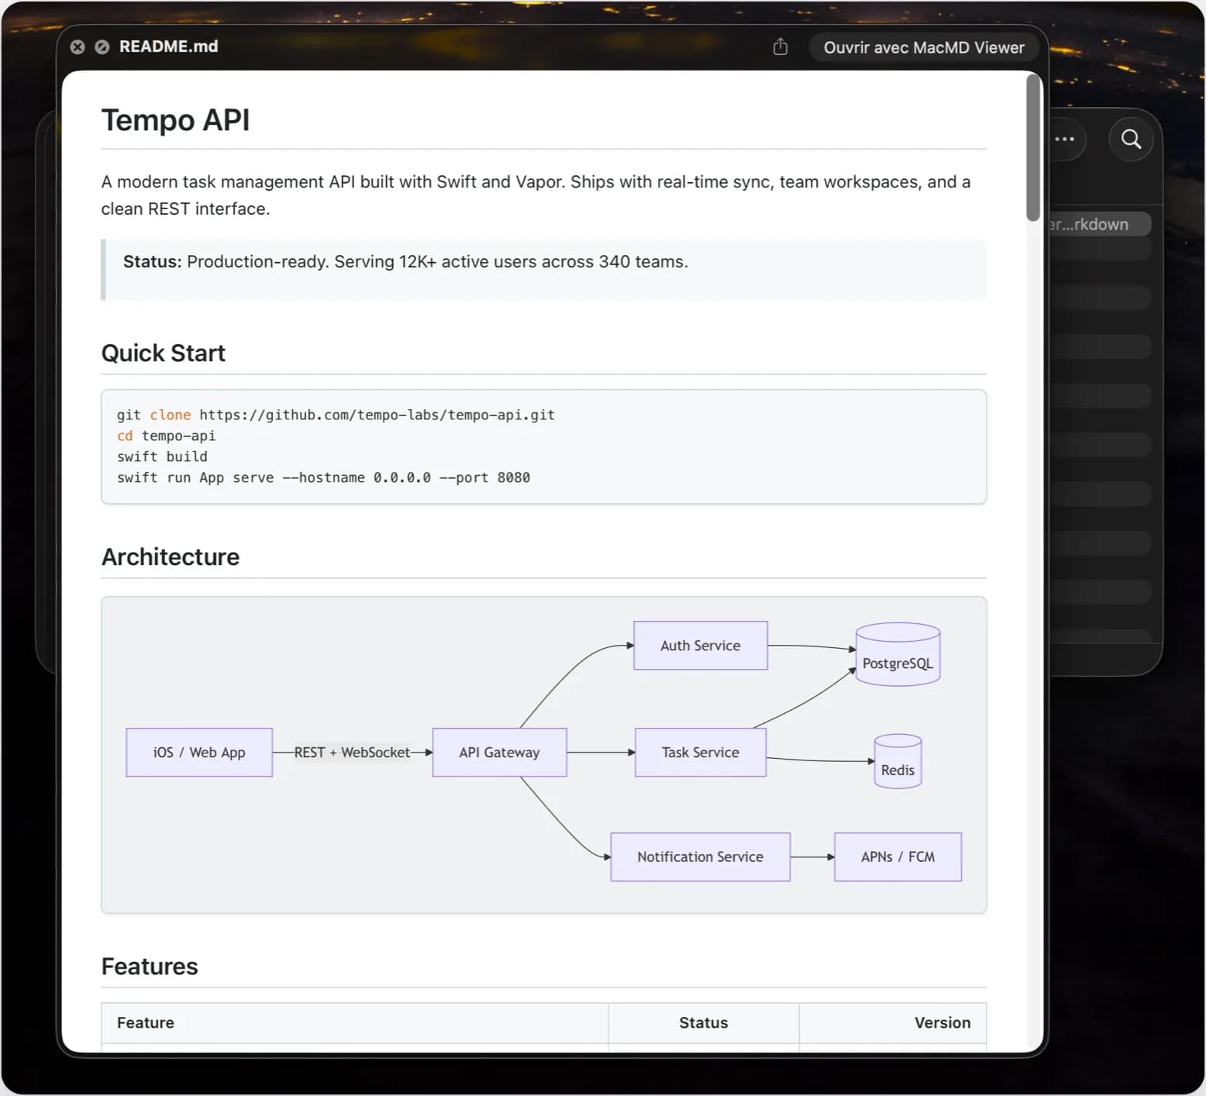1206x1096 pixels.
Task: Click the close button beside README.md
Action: coord(78,47)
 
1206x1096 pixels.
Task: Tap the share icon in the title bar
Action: coord(780,47)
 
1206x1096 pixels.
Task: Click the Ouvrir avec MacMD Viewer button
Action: coord(924,47)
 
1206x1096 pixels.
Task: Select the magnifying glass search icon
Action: coord(1132,140)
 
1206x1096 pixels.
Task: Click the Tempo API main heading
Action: coord(175,120)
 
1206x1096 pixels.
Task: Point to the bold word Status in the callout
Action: coord(152,262)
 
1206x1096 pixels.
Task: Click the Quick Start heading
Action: coord(164,353)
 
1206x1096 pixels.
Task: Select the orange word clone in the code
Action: coord(171,415)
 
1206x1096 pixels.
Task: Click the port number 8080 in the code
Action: coord(514,477)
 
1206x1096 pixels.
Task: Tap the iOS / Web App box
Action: coord(199,752)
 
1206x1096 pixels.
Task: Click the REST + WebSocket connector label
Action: coord(352,752)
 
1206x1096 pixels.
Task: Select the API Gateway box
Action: coord(499,752)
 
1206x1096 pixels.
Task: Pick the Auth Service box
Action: coord(701,645)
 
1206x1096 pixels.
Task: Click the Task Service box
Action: coord(701,752)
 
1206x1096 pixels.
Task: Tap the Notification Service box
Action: coord(701,856)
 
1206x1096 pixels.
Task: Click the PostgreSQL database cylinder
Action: coord(898,655)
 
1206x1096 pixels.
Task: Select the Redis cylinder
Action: coord(898,762)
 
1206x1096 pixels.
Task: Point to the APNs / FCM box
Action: coord(898,856)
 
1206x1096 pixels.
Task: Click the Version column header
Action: coord(942,1022)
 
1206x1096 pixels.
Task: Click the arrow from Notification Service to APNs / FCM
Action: coord(812,856)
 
